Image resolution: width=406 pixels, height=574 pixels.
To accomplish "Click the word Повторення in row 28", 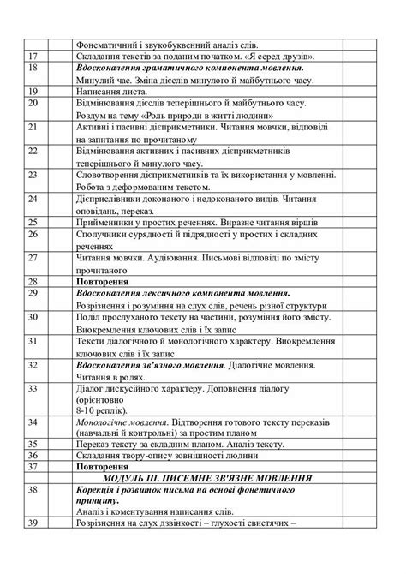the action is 102,280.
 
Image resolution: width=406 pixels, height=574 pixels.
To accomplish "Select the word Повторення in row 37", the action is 102,467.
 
